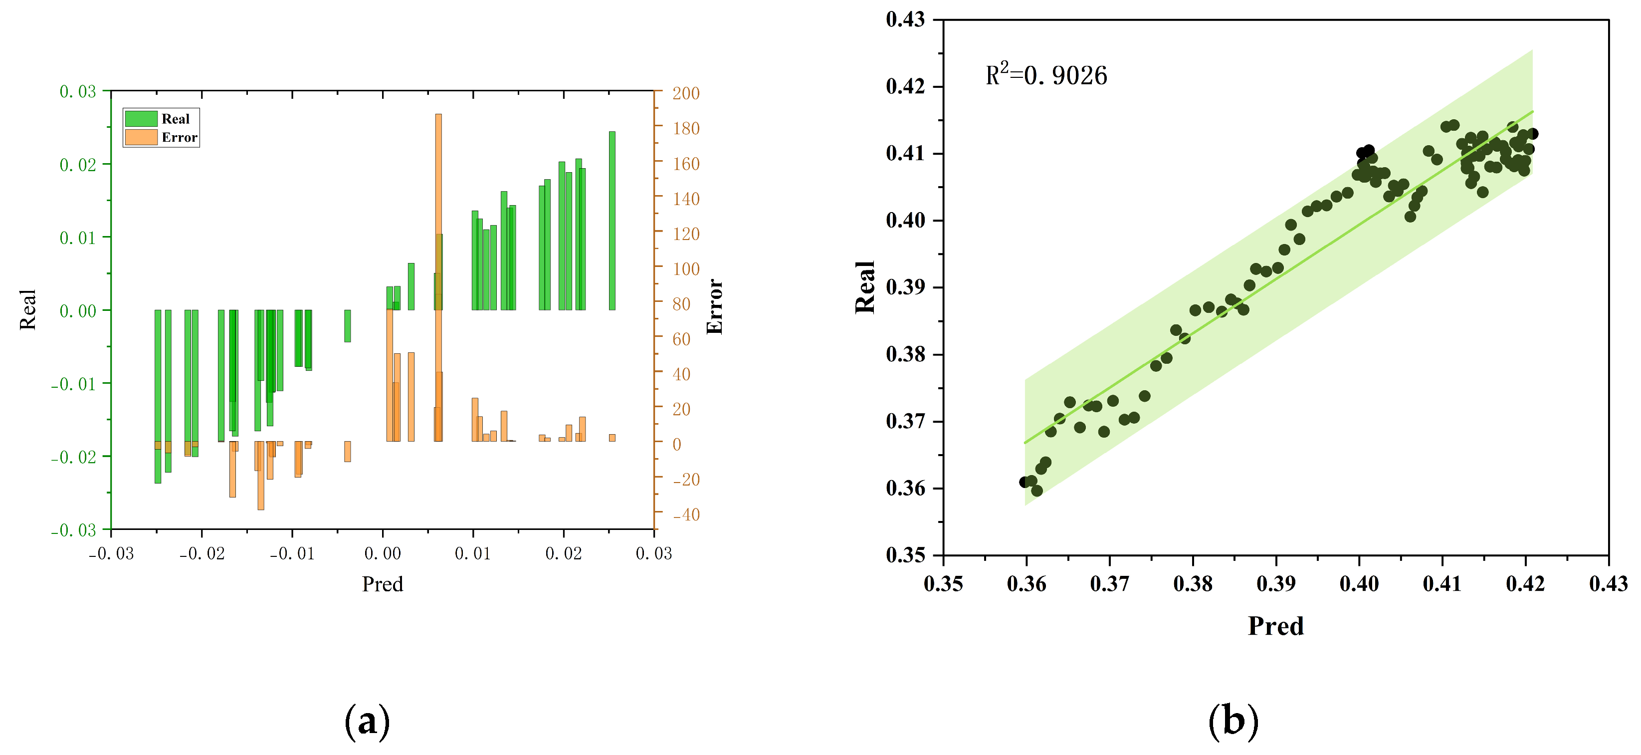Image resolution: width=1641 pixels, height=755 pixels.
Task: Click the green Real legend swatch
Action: (141, 118)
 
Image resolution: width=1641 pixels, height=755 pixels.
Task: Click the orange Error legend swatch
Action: (141, 137)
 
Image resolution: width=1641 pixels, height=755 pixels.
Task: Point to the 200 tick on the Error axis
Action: (686, 93)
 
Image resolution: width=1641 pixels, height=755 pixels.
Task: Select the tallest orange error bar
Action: (438, 255)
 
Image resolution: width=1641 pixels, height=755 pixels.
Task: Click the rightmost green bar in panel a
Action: (612, 220)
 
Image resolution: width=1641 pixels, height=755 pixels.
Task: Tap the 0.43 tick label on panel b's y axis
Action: (905, 19)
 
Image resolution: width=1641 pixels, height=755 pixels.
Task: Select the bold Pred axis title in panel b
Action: (1275, 626)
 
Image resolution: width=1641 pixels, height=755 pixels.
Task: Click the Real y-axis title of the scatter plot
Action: (864, 287)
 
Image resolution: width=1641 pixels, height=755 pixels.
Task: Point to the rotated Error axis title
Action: (714, 306)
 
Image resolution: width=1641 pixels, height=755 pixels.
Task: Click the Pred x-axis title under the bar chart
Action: (382, 584)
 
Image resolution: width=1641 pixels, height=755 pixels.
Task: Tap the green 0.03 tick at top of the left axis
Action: (78, 91)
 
